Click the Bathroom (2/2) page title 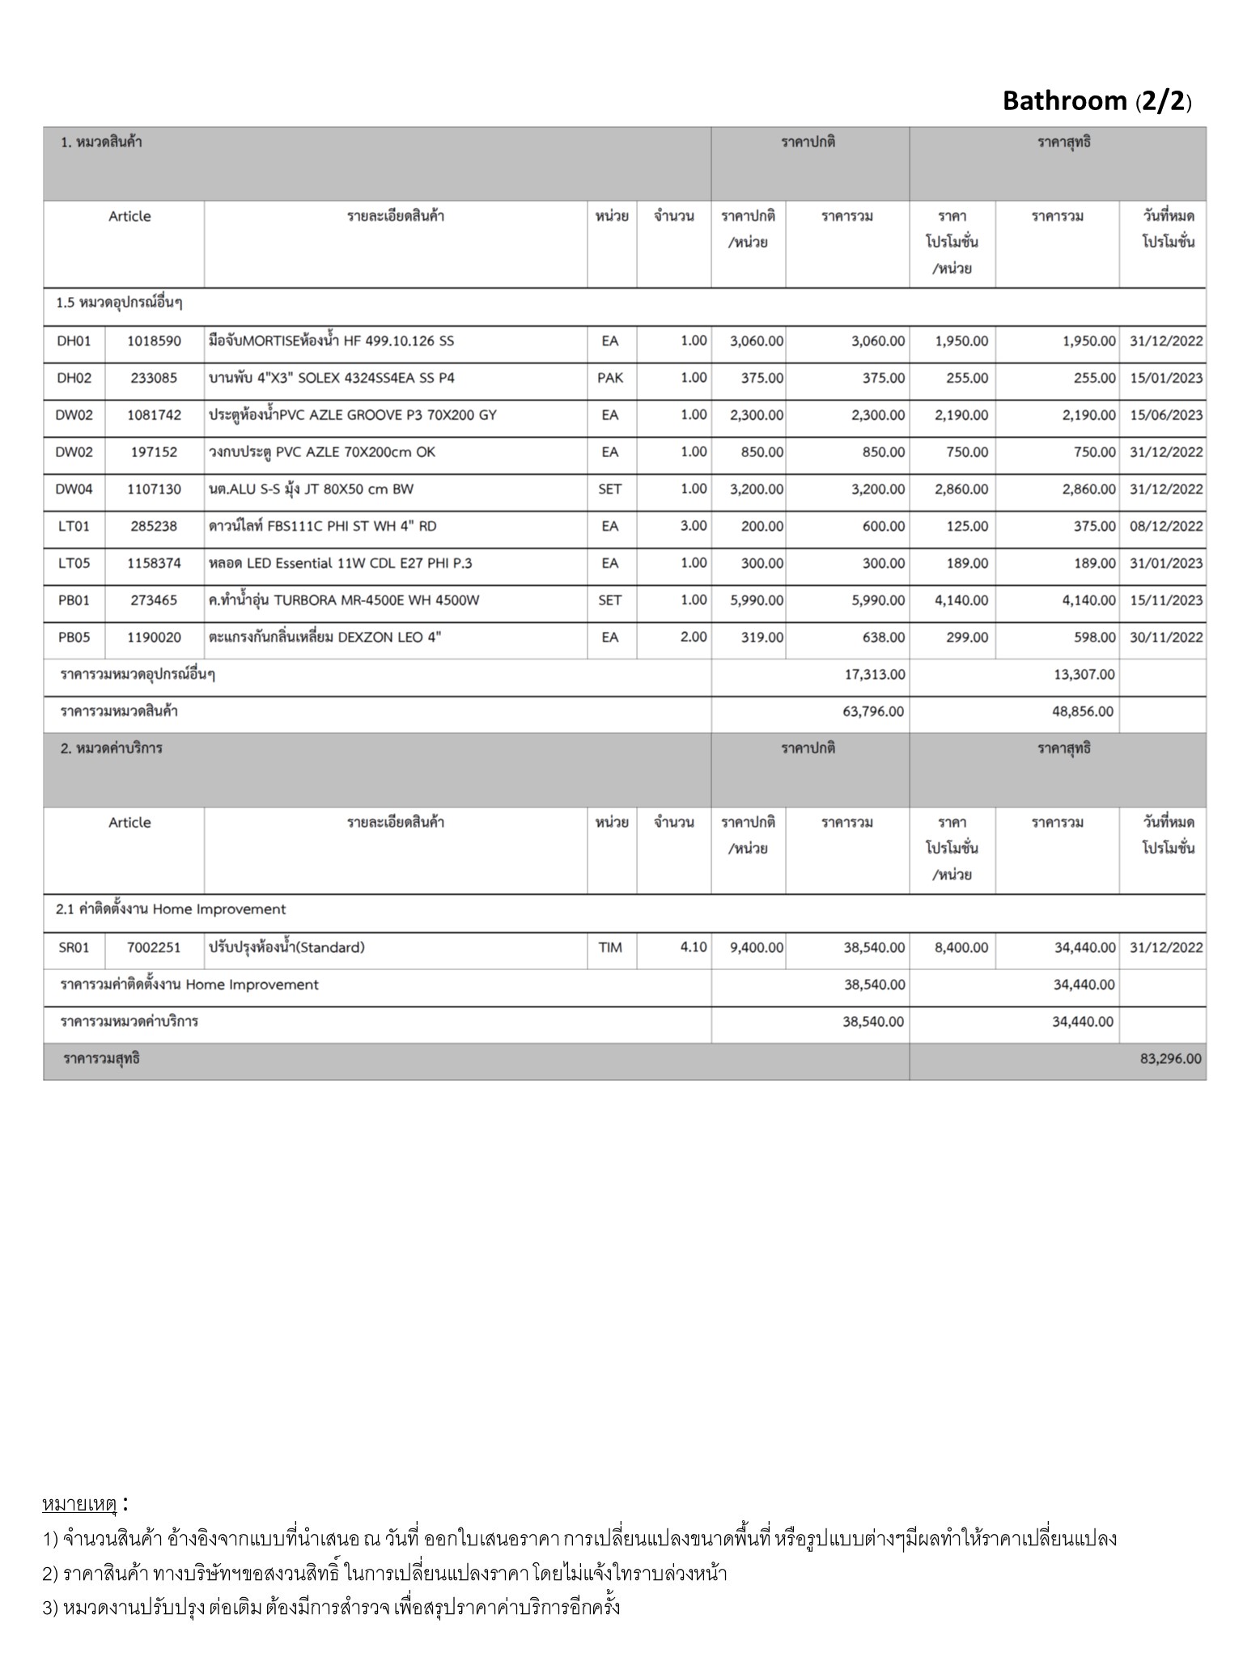coord(1096,101)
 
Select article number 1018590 coord(154,341)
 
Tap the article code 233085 coord(154,378)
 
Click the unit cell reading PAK coord(610,378)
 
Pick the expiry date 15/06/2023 coord(1165,415)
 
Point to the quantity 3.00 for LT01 coord(694,526)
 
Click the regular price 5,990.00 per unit coord(756,600)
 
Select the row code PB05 coord(74,638)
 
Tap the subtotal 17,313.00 coord(875,675)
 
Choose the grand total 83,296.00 coord(1170,1059)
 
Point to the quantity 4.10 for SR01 coord(694,947)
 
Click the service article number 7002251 coord(154,947)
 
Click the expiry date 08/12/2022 coord(1165,526)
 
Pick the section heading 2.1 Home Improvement coord(171,909)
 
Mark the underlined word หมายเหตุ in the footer coord(79,1505)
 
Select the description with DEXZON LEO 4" coord(325,638)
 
